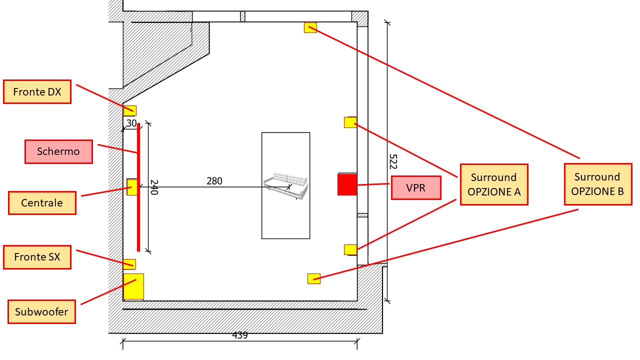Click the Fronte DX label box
pos(37,91)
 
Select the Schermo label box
pos(58,151)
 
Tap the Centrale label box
pos(42,203)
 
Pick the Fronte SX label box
pos(37,257)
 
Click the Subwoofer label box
pos(41,311)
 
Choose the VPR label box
pos(416,187)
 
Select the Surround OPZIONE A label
pos(494,184)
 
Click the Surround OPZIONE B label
pos(598,184)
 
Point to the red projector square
pos(347,184)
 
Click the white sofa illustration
pos(285,185)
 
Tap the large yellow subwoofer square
pos(133,286)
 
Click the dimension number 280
pos(214,181)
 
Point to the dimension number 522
pos(393,161)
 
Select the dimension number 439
pos(239,335)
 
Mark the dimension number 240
pos(154,187)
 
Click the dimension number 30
pos(131,123)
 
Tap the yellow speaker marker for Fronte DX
pos(129,110)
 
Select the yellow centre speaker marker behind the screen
pos(132,187)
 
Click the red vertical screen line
pos(138,187)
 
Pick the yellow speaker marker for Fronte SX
pos(129,264)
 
